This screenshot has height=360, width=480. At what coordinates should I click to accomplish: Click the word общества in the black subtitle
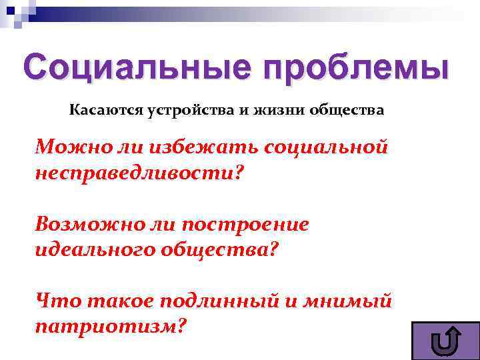(347, 110)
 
